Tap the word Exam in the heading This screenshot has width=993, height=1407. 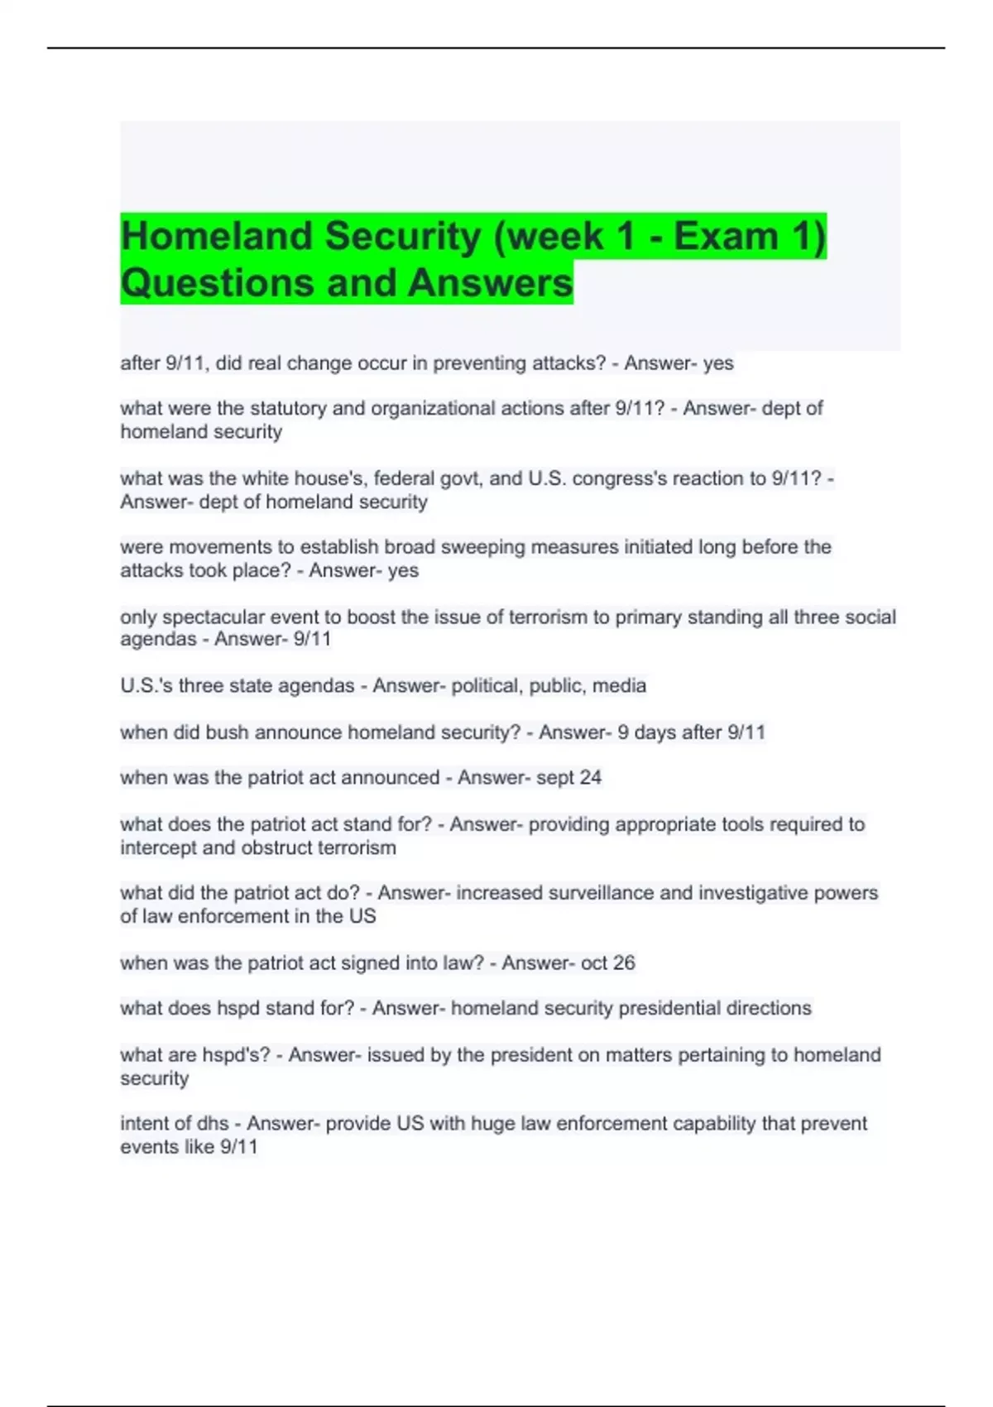click(x=727, y=236)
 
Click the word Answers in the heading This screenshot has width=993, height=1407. click(x=490, y=283)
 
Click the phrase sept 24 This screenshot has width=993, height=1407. click(x=568, y=778)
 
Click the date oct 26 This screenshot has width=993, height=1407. click(x=607, y=963)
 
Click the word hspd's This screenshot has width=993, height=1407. click(x=236, y=1055)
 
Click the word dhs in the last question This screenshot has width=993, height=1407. click(x=212, y=1124)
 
